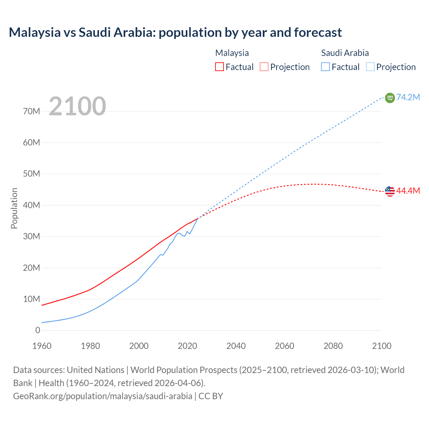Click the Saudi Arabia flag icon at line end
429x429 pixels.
[x=390, y=98]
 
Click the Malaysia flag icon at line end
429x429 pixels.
[x=390, y=191]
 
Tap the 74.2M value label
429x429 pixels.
[x=408, y=97]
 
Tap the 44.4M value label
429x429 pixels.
[x=408, y=191]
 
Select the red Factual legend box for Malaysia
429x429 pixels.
[x=219, y=67]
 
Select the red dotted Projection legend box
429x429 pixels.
[x=264, y=67]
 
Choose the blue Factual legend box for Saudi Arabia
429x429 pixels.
[x=325, y=67]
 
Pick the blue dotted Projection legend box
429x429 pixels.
[x=370, y=67]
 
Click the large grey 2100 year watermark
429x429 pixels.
[x=77, y=106]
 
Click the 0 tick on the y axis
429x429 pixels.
[x=38, y=330]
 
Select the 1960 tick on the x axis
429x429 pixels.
[x=42, y=346]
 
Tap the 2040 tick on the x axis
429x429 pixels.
[x=236, y=346]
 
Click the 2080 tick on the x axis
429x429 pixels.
[x=333, y=346]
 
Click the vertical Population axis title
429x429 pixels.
[x=14, y=208]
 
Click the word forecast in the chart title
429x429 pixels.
[x=318, y=33]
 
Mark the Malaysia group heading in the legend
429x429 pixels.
[x=232, y=53]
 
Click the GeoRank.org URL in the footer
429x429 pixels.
[x=103, y=396]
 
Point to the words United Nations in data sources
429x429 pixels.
[x=96, y=370]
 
